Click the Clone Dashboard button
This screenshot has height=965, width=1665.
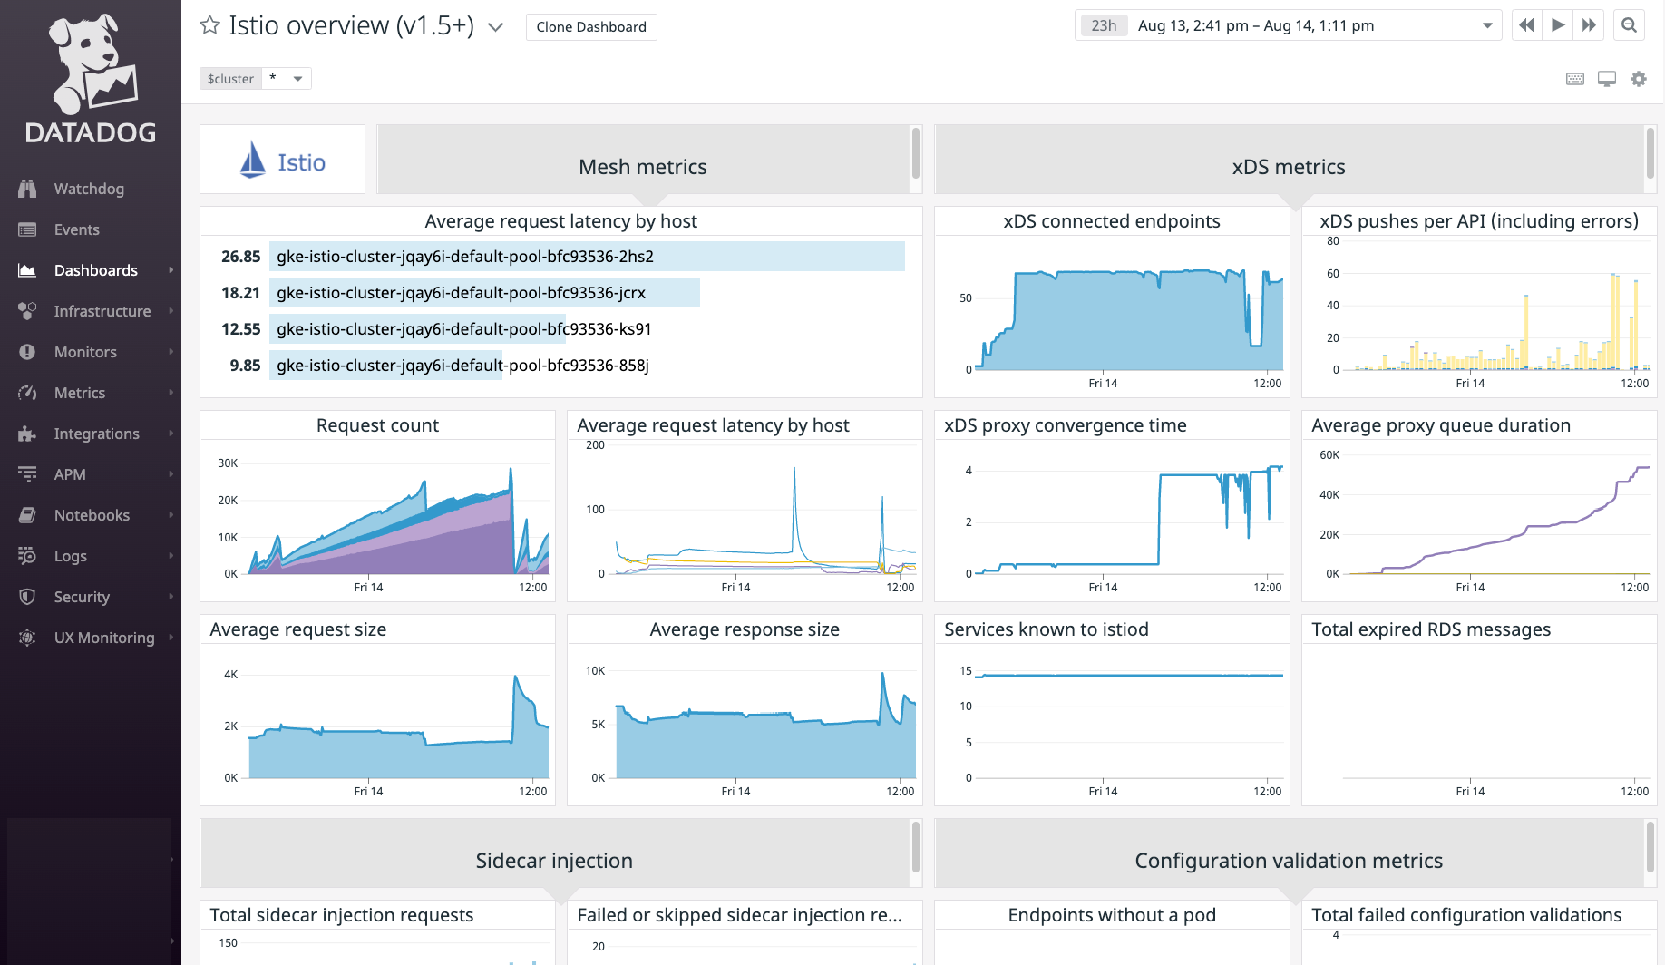[591, 27]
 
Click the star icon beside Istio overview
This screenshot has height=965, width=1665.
[209, 25]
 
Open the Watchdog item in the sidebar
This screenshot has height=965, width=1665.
[88, 189]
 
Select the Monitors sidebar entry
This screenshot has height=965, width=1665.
[84, 352]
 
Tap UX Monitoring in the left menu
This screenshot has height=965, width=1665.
[103, 638]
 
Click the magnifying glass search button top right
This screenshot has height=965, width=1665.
[1629, 25]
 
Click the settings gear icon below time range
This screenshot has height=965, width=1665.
[1638, 79]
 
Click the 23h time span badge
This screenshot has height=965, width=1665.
[1104, 25]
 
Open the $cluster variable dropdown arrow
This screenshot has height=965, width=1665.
[297, 79]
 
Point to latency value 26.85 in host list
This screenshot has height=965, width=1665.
[240, 257]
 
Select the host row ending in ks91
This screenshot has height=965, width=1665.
[463, 329]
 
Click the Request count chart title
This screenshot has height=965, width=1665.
[377, 425]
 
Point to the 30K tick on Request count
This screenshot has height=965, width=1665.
[228, 463]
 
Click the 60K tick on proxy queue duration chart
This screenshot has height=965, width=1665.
[1329, 455]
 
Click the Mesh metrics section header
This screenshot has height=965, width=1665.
[642, 167]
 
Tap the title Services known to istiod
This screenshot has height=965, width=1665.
[1046, 629]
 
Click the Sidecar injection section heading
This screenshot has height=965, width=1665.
[554, 861]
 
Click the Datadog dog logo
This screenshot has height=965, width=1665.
[91, 63]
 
